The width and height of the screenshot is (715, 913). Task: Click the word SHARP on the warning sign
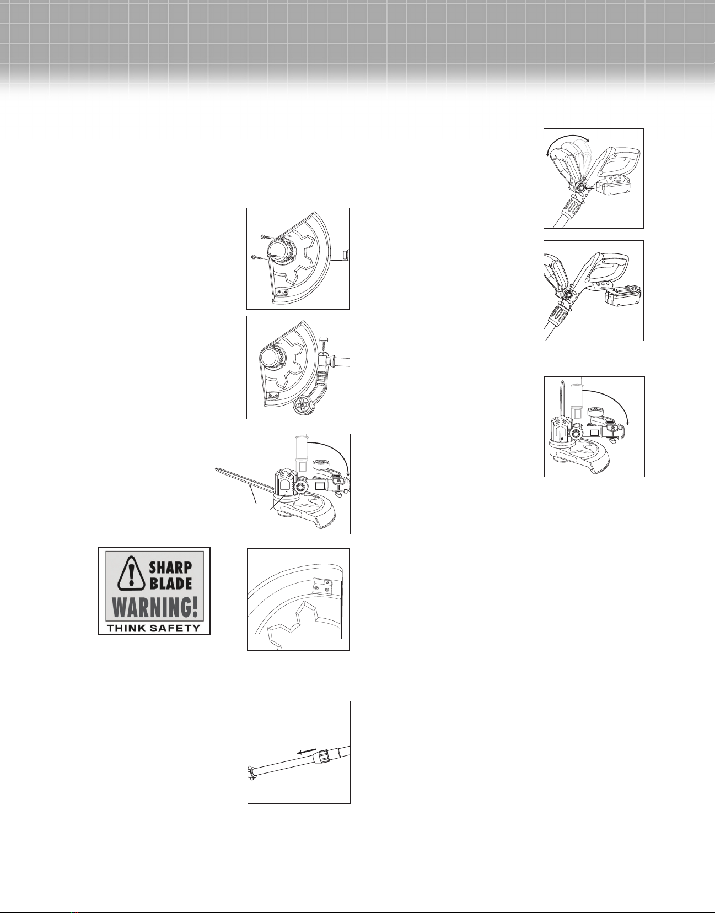pyautogui.click(x=171, y=567)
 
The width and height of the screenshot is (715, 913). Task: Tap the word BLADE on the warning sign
pyautogui.click(x=171, y=583)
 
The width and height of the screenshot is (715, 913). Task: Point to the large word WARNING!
pyautogui.click(x=155, y=608)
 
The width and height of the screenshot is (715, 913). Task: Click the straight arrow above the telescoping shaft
pyautogui.click(x=307, y=751)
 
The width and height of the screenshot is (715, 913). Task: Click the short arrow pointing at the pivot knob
pyautogui.click(x=589, y=189)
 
